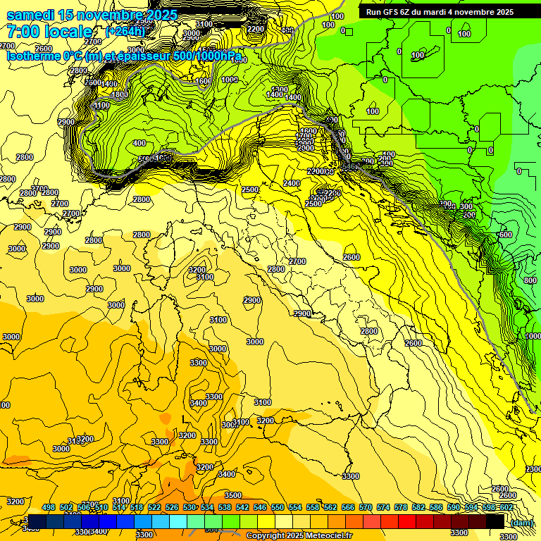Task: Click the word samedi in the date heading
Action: pyautogui.click(x=31, y=15)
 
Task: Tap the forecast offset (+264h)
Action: pyautogui.click(x=125, y=32)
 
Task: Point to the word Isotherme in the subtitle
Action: pyautogui.click(x=32, y=55)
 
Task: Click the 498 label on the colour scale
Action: pyautogui.click(x=48, y=507)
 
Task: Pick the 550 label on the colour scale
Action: pyautogui.click(x=278, y=507)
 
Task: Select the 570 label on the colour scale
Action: pyautogui.click(x=366, y=507)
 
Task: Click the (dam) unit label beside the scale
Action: pyautogui.click(x=522, y=523)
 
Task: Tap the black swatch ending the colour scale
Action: pyautogui.click(x=495, y=522)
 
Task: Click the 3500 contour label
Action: pyautogui.click(x=233, y=495)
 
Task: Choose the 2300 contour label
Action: pyautogui.click(x=533, y=469)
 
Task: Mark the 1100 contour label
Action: pyautogui.click(x=102, y=106)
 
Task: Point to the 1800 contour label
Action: pyautogui.click(x=120, y=94)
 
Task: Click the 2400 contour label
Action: pyautogui.click(x=291, y=183)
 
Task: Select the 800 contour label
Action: pyautogui.click(x=530, y=280)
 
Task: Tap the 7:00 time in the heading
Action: pyautogui.click(x=25, y=32)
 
